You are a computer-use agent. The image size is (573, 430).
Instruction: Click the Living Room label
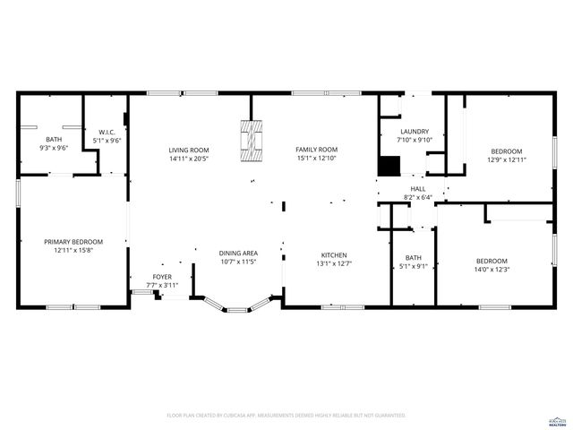[x=189, y=150]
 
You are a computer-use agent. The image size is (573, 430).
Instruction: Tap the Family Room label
[x=316, y=150]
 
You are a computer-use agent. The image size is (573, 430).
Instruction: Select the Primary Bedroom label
[x=73, y=242]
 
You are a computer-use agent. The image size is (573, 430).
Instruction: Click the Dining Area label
[x=238, y=254]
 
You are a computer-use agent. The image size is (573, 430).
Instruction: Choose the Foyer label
[x=162, y=277]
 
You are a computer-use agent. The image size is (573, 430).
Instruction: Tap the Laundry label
[x=415, y=131]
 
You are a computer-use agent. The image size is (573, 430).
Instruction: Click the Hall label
[x=418, y=188]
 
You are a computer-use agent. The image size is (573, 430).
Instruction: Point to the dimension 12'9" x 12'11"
[x=506, y=159]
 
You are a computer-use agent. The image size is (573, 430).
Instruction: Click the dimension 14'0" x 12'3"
[x=492, y=270]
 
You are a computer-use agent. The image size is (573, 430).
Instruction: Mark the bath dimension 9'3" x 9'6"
[x=54, y=148]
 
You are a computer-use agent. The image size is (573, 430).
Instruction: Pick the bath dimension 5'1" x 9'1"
[x=413, y=265]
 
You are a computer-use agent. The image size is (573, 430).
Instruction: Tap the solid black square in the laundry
[x=389, y=167]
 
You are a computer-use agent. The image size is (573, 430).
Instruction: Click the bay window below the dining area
[x=235, y=306]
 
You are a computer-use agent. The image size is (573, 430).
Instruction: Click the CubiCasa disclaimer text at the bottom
[x=286, y=416]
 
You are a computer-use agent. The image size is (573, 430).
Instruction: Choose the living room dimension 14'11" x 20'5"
[x=189, y=159]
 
